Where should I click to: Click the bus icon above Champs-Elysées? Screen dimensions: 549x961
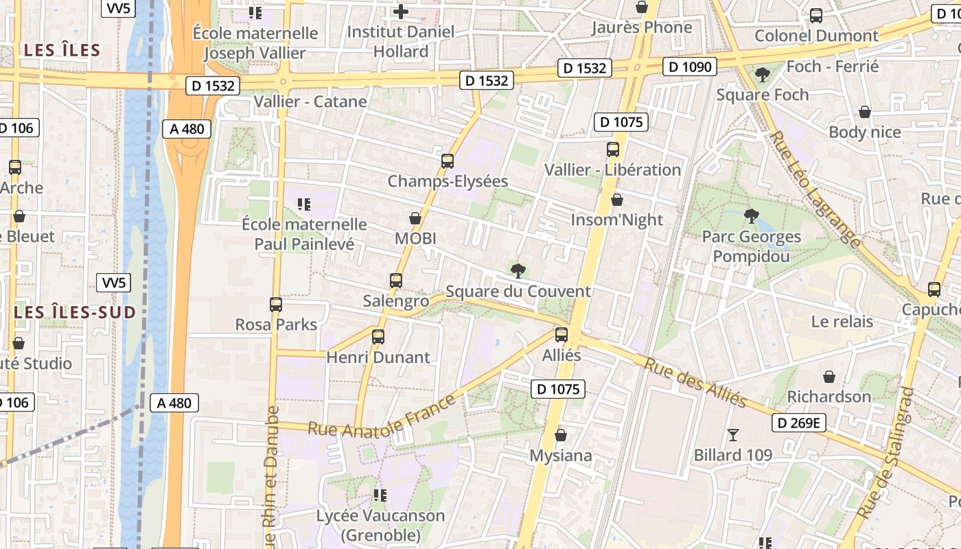click(x=448, y=161)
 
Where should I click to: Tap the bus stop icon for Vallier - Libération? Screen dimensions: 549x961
click(x=613, y=150)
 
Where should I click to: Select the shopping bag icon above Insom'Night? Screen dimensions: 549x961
click(x=617, y=200)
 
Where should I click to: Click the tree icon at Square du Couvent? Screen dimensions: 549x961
click(x=518, y=270)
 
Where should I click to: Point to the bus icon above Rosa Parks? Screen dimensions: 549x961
click(x=276, y=305)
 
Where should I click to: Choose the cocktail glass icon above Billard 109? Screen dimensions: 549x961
click(x=733, y=434)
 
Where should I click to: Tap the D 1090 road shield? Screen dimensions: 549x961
click(x=690, y=67)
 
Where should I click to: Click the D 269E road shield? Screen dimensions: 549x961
click(x=798, y=423)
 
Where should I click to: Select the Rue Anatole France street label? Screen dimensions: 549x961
click(x=382, y=416)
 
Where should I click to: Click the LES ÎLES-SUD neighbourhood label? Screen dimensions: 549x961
click(x=75, y=312)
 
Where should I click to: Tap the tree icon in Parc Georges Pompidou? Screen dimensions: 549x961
click(x=752, y=216)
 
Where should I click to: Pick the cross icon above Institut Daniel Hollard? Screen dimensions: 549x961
click(x=401, y=12)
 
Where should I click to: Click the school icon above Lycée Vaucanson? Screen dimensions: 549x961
click(x=380, y=495)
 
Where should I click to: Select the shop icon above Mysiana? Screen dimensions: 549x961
click(x=561, y=435)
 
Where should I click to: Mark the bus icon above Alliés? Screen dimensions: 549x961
click(x=561, y=335)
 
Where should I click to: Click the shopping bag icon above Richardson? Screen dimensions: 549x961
click(x=829, y=377)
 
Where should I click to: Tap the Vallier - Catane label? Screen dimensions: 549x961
click(x=310, y=102)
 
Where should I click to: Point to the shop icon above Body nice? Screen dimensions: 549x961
click(x=865, y=112)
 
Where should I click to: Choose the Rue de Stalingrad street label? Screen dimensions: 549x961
click(x=885, y=453)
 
